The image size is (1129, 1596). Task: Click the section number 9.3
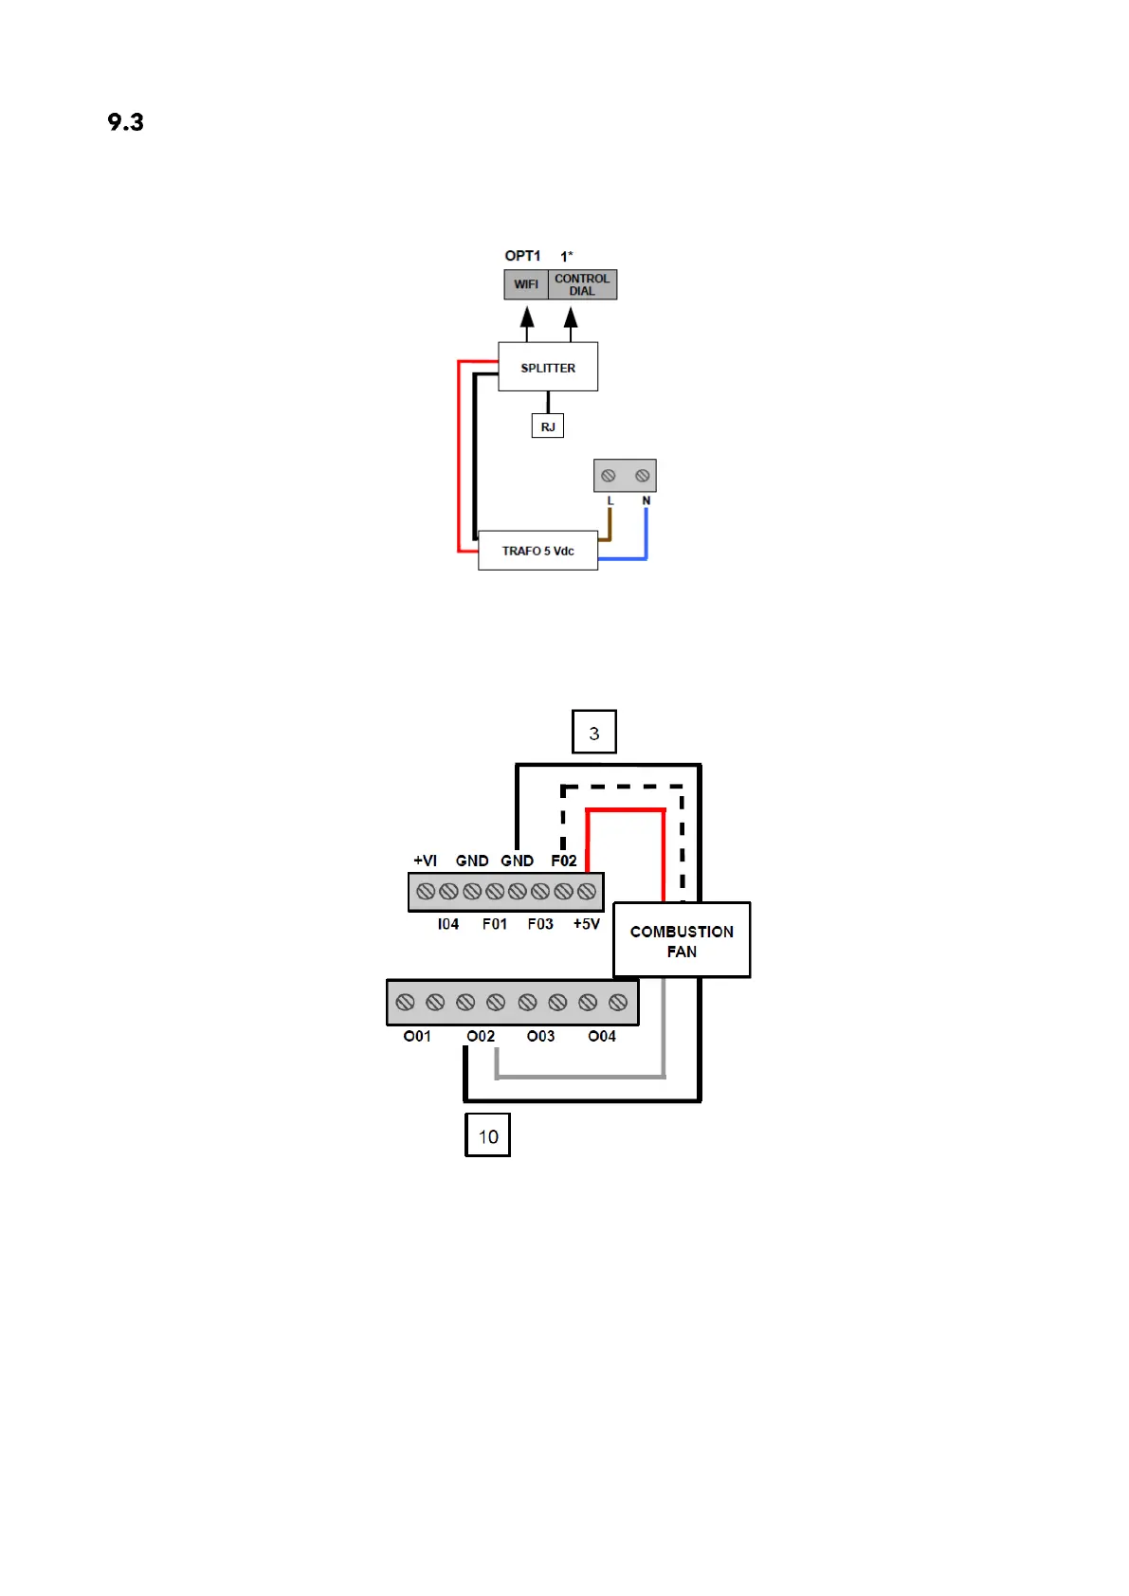[125, 122]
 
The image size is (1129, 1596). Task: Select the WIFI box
[526, 284]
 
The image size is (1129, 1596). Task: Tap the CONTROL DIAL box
[582, 284]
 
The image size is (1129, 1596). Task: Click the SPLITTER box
[548, 367]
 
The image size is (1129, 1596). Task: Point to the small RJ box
[548, 426]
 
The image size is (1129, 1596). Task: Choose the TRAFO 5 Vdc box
[537, 551]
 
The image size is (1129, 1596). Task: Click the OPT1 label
[522, 256]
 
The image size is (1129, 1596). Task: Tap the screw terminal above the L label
[609, 476]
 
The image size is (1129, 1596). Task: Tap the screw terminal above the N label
[643, 476]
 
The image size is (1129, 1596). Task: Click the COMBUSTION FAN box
[682, 940]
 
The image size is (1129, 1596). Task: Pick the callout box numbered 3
[594, 733]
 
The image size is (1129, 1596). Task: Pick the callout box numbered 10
[487, 1135]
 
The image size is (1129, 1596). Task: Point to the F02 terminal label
[564, 861]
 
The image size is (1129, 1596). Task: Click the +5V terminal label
[587, 924]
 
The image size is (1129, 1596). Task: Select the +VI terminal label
[426, 861]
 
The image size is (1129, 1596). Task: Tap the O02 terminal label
[481, 1036]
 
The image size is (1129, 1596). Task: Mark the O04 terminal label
[602, 1036]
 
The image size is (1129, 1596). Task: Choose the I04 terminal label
[448, 924]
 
